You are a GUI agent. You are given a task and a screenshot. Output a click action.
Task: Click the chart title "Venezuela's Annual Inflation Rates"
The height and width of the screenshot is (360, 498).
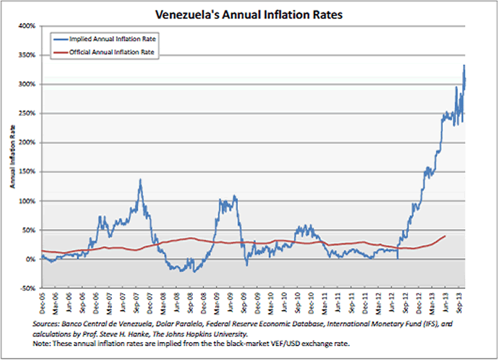click(x=250, y=13)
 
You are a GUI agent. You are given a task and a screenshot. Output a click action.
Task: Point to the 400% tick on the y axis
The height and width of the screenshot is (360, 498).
click(x=28, y=26)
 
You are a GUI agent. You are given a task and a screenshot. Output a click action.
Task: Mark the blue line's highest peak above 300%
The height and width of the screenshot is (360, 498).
click(x=464, y=66)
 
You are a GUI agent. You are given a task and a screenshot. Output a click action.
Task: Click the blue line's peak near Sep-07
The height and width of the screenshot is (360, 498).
click(x=140, y=179)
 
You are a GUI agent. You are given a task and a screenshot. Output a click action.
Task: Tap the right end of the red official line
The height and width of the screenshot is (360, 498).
click(x=445, y=236)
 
